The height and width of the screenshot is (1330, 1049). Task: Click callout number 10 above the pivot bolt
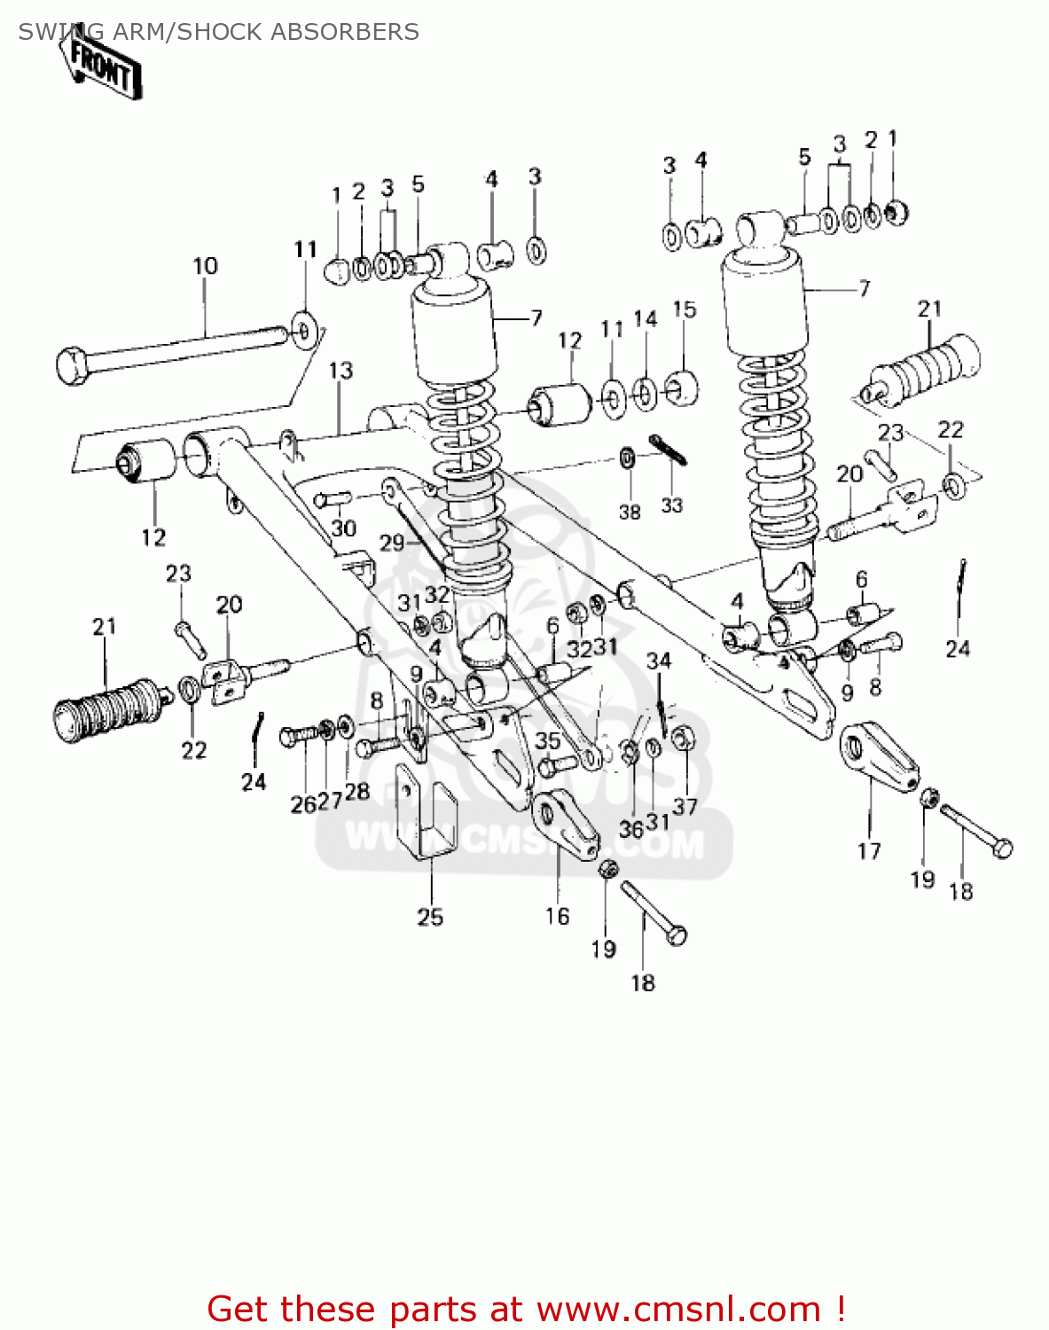click(205, 265)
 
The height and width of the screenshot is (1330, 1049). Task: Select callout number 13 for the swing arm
click(341, 370)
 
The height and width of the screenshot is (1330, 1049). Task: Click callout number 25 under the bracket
click(430, 917)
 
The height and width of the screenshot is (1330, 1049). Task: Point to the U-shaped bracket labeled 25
click(424, 811)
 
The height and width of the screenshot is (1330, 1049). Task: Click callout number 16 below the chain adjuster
click(557, 916)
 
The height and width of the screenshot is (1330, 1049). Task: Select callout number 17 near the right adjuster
click(869, 850)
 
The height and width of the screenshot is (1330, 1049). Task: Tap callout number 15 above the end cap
click(684, 309)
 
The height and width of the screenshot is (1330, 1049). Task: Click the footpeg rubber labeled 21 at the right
click(927, 365)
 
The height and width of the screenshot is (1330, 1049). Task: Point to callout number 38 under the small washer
click(629, 512)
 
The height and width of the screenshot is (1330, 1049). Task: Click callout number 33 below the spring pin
click(671, 505)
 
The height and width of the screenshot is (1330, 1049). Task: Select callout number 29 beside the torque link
click(392, 543)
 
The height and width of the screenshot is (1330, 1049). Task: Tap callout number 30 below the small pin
click(343, 528)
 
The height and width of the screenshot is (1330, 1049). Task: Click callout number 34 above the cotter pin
click(659, 661)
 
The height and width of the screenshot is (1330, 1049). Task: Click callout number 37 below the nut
click(685, 806)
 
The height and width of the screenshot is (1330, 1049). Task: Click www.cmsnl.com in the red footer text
click(678, 1309)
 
